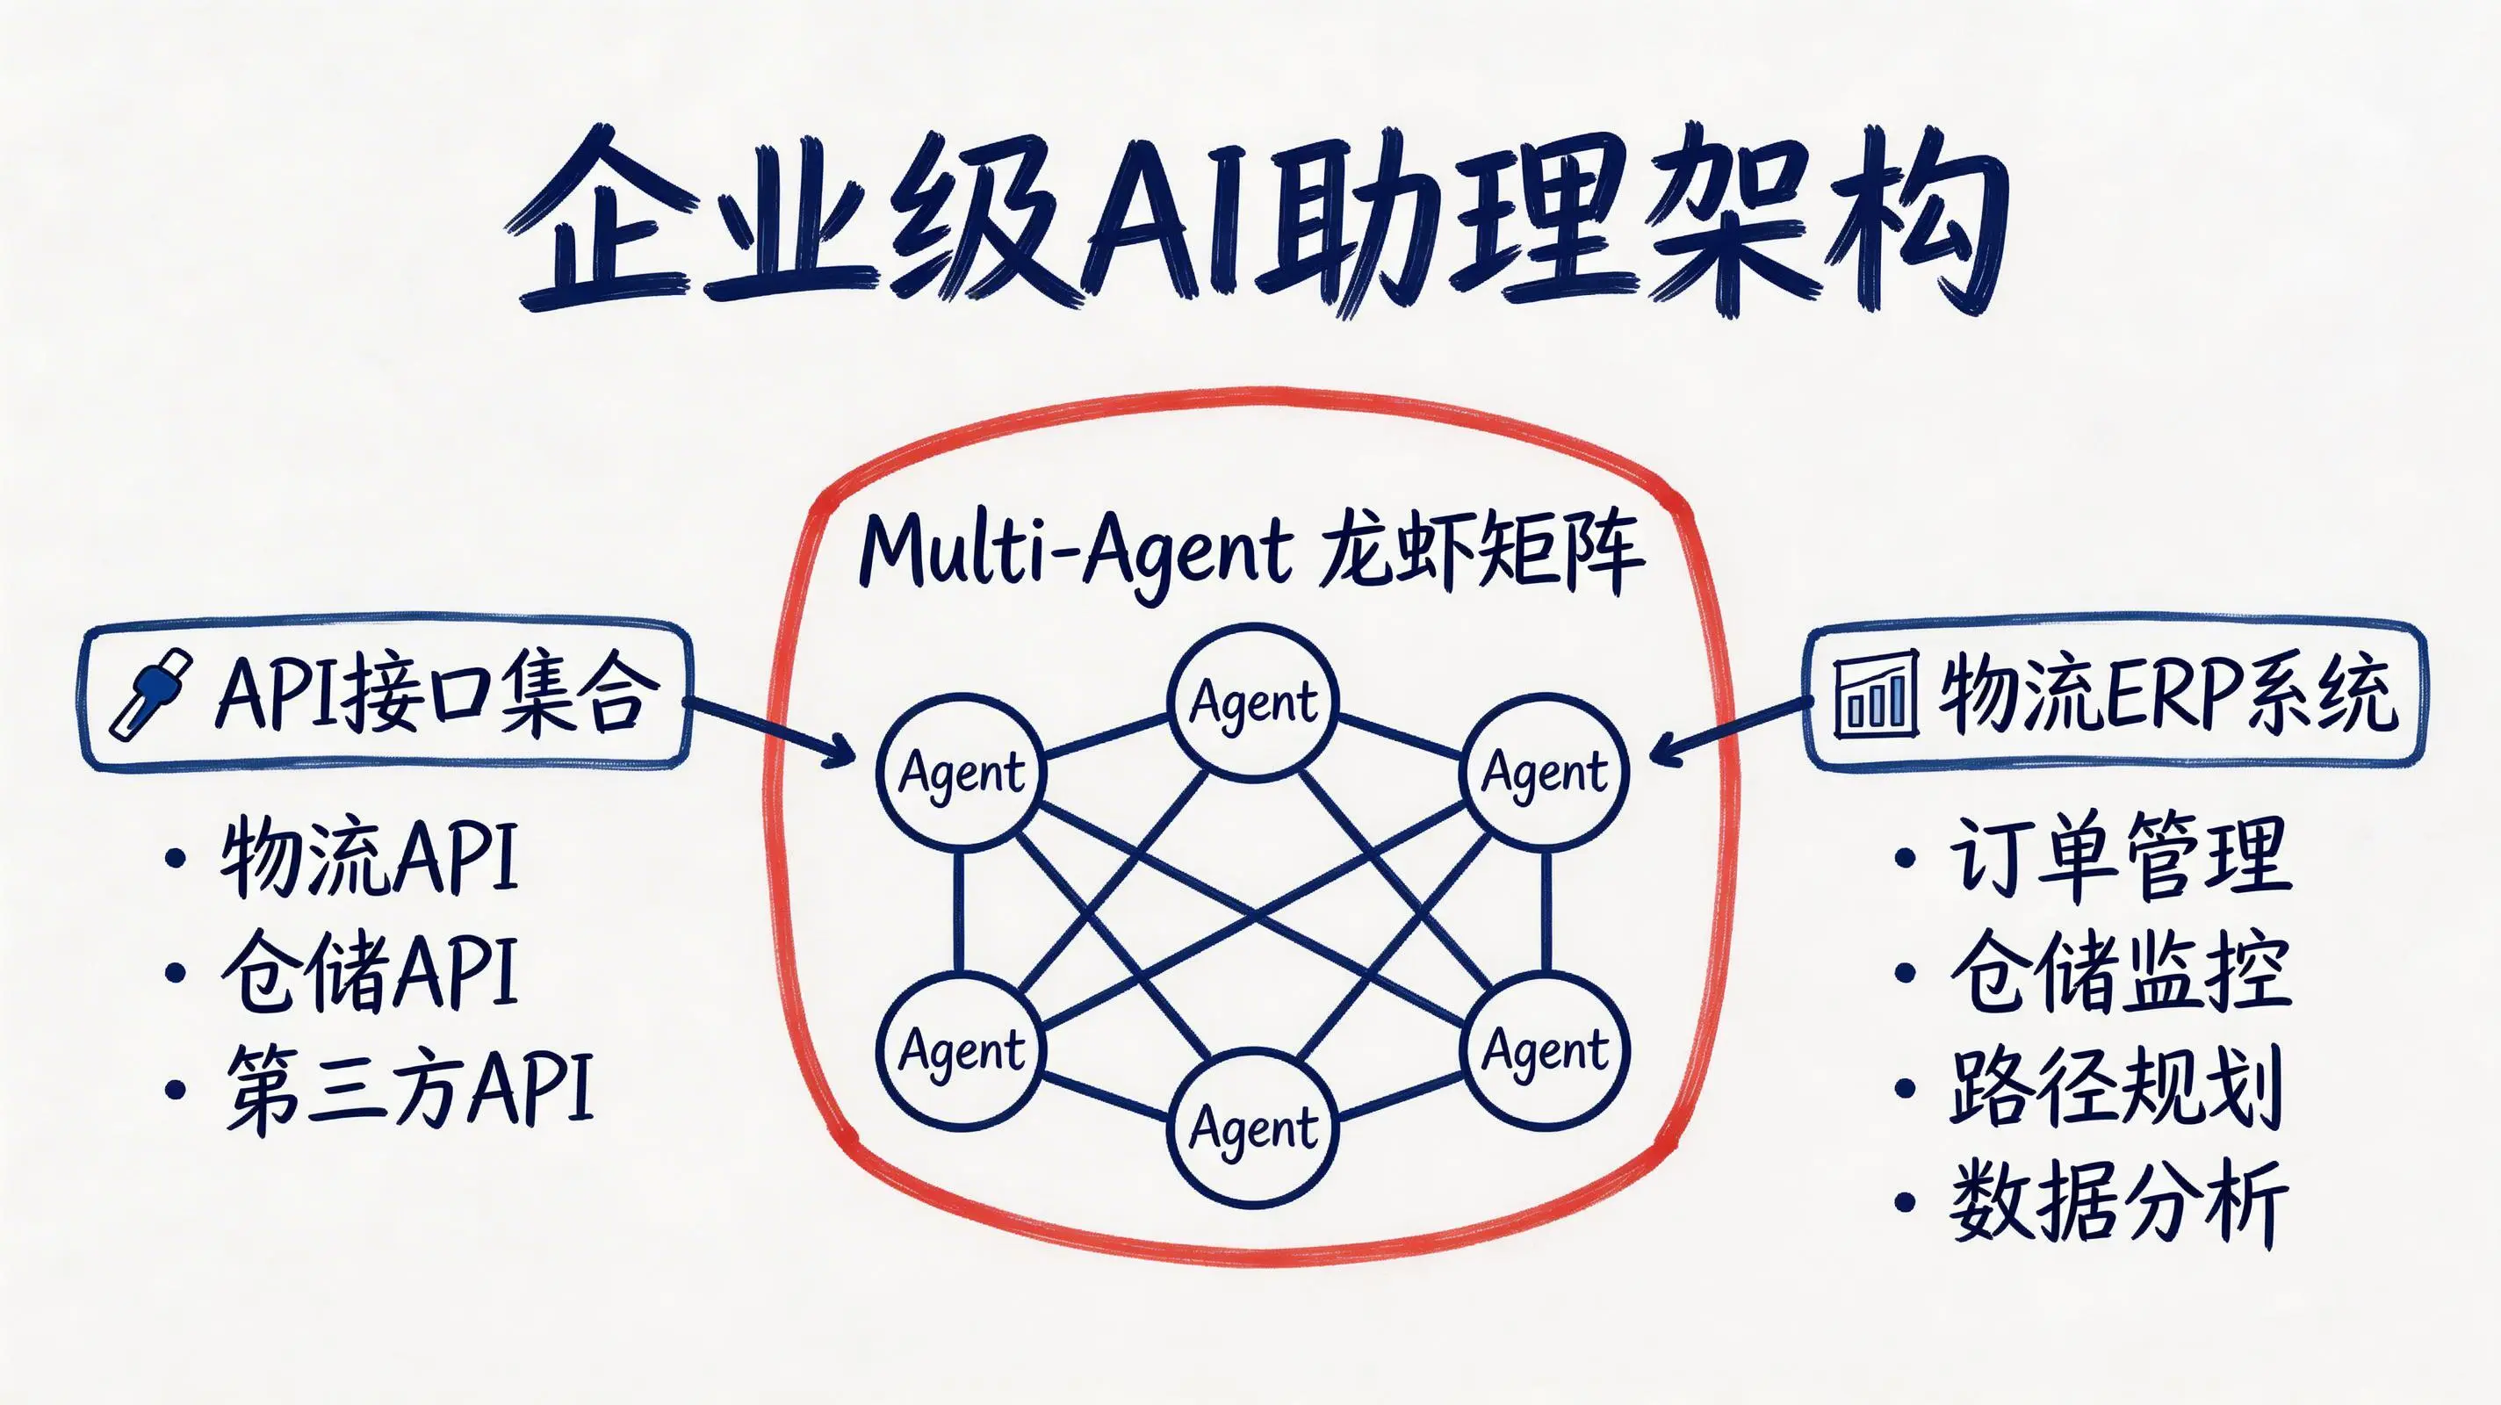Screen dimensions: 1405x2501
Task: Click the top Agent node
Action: coord(1253,702)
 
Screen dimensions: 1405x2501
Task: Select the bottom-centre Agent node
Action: coord(1253,1128)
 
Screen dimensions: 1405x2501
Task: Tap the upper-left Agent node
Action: coord(962,774)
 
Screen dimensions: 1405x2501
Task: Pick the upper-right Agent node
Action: coord(1545,774)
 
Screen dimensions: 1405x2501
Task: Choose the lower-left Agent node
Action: coord(962,1049)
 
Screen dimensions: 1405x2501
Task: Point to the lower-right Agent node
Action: coord(1545,1049)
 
